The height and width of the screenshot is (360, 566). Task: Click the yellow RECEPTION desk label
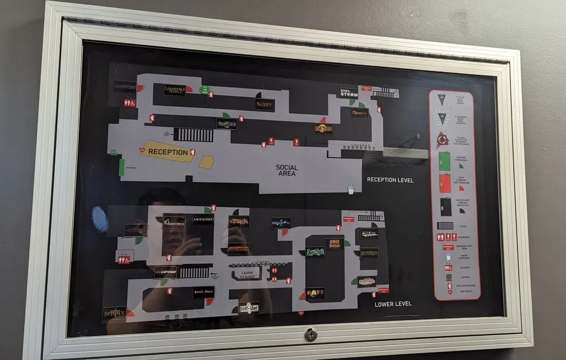(168, 152)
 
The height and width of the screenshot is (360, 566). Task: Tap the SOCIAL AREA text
(287, 170)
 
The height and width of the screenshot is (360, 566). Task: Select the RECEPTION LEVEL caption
(390, 180)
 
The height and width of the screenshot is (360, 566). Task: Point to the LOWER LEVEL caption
(393, 304)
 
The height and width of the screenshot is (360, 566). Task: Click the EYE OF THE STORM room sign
(349, 92)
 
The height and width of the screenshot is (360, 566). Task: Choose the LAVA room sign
(264, 104)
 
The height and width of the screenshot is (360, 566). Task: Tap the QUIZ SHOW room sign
(335, 243)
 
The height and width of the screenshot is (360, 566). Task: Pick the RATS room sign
(315, 293)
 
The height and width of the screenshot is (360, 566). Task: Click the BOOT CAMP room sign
(248, 308)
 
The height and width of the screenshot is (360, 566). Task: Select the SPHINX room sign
(114, 313)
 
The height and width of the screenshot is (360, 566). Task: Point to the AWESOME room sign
(203, 220)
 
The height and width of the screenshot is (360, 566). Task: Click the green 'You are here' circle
(204, 89)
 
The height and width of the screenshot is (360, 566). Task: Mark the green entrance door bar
(122, 167)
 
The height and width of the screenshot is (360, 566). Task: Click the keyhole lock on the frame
(311, 335)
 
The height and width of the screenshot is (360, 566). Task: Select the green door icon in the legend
(445, 161)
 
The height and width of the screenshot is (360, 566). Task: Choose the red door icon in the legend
(445, 183)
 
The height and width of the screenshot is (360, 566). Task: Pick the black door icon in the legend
(445, 206)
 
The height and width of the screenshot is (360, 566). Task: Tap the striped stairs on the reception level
(194, 135)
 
